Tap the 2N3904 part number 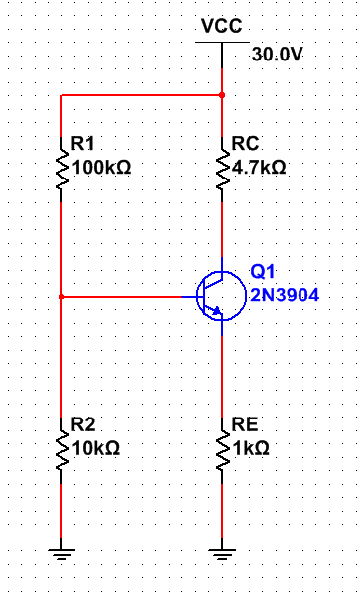[283, 296]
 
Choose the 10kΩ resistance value [97, 448]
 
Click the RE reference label [244, 423]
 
